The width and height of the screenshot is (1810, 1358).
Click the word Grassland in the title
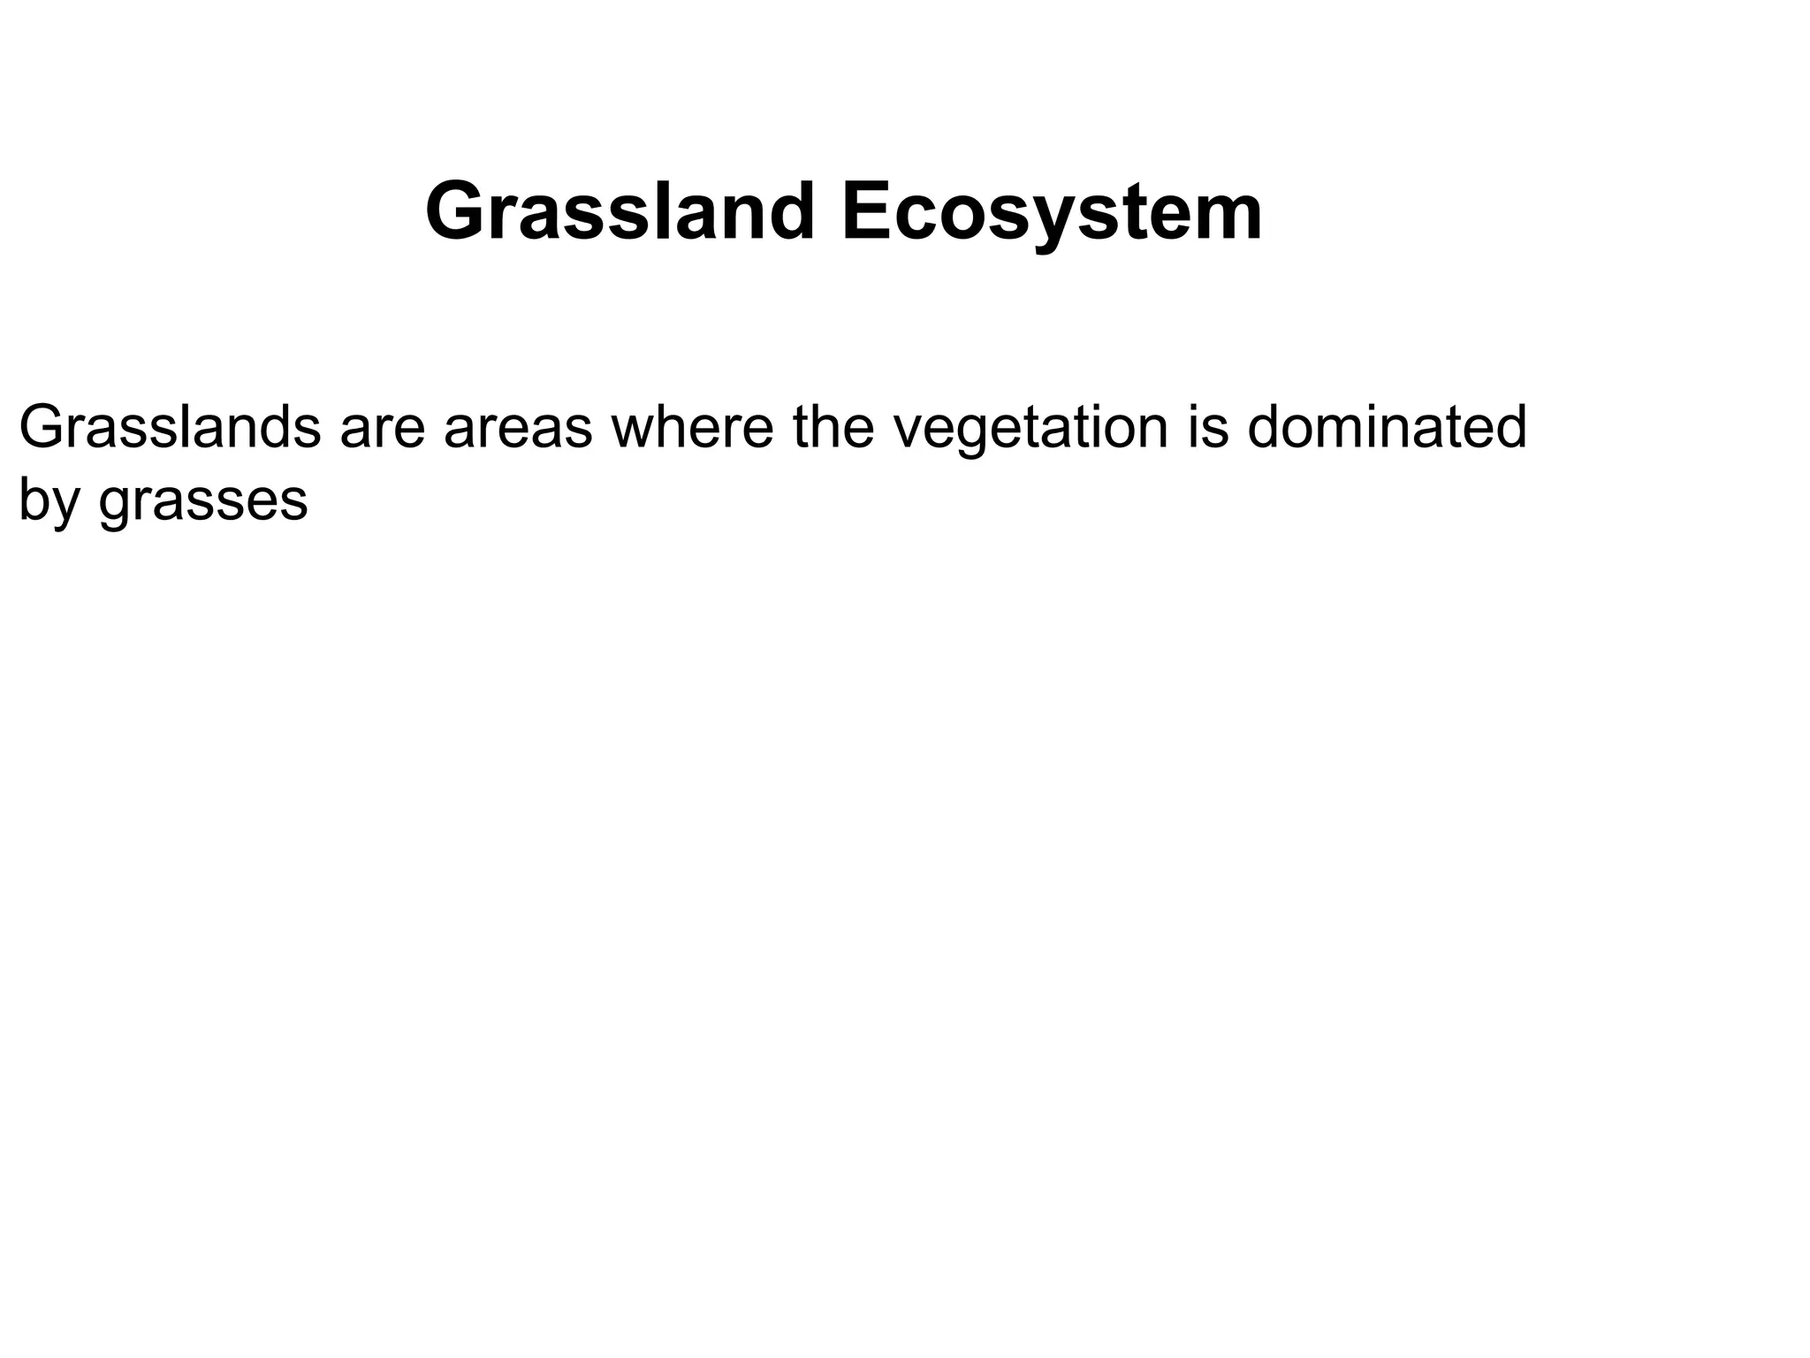[x=619, y=212]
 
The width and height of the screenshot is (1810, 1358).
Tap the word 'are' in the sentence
[x=382, y=429]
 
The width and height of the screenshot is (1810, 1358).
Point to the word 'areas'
[x=518, y=429]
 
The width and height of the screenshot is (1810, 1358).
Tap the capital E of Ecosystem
[x=865, y=212]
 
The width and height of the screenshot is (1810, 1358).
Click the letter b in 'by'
[x=32, y=499]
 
